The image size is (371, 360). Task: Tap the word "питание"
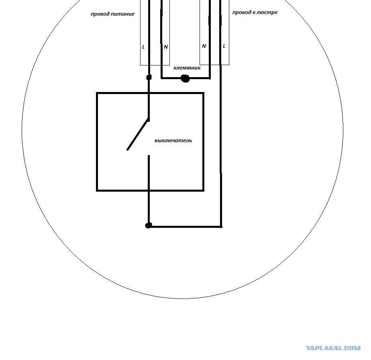[122, 14]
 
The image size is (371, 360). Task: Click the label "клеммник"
[187, 68]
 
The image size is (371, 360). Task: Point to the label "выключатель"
[173, 141]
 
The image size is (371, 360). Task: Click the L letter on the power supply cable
[143, 47]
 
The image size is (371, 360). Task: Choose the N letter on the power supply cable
[166, 47]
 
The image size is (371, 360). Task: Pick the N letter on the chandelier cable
[204, 46]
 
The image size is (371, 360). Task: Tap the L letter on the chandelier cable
[224, 46]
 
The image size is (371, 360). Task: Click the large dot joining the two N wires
[185, 78]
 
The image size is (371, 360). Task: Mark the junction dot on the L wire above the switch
[149, 77]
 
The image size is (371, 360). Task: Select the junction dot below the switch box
[148, 225]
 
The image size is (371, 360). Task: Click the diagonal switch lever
[138, 135]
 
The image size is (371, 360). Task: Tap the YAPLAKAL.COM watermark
[333, 348]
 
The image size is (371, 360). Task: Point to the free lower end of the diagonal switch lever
[128, 150]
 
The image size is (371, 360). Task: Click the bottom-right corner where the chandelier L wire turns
[221, 227]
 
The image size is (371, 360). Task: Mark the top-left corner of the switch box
[97, 93]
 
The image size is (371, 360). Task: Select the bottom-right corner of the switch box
[203, 190]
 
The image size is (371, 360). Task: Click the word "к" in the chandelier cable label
[254, 12]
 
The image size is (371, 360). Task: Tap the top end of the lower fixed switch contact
[149, 155]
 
